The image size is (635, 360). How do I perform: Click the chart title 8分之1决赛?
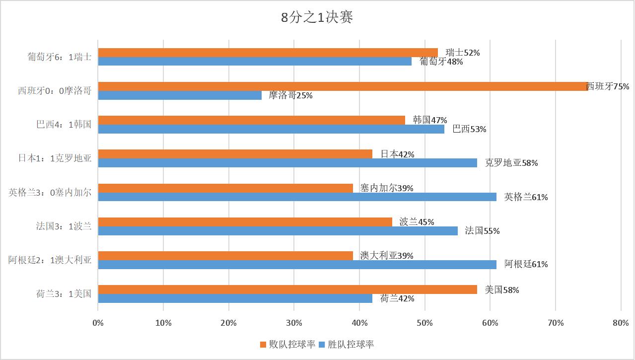tap(317, 18)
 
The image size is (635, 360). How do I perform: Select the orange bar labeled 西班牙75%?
tap(343, 86)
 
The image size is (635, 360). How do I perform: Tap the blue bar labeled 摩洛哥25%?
tap(180, 95)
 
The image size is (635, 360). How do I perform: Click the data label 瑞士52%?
tap(462, 53)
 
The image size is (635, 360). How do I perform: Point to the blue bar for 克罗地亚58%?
tap(287, 163)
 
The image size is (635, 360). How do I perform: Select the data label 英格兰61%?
tap(526, 197)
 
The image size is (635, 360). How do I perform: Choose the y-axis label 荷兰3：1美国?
tap(64, 293)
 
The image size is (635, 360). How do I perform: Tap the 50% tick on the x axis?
tap(424, 323)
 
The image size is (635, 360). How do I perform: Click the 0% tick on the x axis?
tap(98, 323)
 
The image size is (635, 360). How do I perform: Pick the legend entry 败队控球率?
tap(287, 345)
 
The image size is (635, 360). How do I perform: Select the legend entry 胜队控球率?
tap(346, 345)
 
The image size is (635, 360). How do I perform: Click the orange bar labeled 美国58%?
tap(287, 289)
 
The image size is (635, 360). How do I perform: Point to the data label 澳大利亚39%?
tap(387, 256)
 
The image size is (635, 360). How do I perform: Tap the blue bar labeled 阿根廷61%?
tap(297, 265)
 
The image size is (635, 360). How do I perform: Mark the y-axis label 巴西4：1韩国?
tap(64, 124)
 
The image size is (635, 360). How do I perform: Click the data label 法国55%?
tap(482, 231)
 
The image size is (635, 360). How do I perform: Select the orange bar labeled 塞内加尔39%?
tap(225, 188)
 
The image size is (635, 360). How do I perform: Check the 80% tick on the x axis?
tap(621, 323)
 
